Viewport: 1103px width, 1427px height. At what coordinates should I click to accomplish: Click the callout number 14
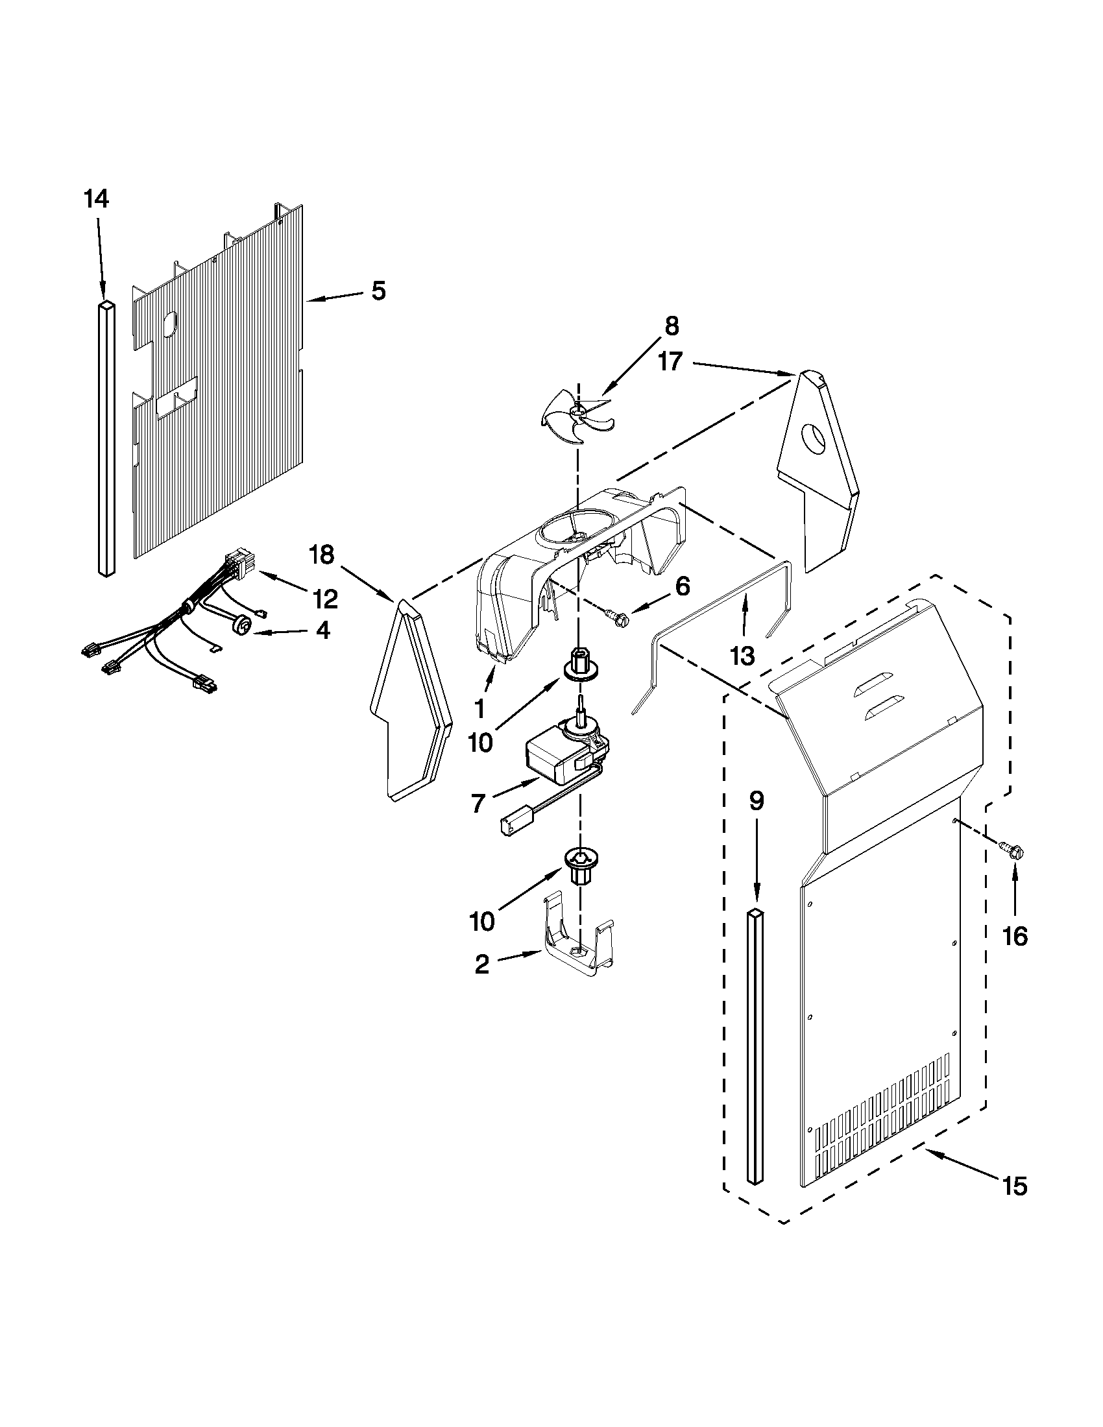[x=96, y=198]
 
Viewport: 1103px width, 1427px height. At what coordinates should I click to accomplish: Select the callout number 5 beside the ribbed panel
[x=379, y=291]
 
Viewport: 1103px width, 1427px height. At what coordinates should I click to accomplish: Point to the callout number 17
[x=670, y=361]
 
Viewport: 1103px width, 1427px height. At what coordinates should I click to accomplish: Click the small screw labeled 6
[x=614, y=614]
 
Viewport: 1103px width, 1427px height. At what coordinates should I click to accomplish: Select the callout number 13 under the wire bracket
[x=743, y=654]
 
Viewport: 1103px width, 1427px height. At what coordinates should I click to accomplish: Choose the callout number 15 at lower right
[x=1015, y=1186]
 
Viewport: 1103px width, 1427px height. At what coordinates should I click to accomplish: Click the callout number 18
[x=322, y=555]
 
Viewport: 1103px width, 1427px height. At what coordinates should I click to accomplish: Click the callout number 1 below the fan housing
[x=481, y=708]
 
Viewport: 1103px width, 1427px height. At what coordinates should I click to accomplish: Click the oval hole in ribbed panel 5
[x=169, y=324]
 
